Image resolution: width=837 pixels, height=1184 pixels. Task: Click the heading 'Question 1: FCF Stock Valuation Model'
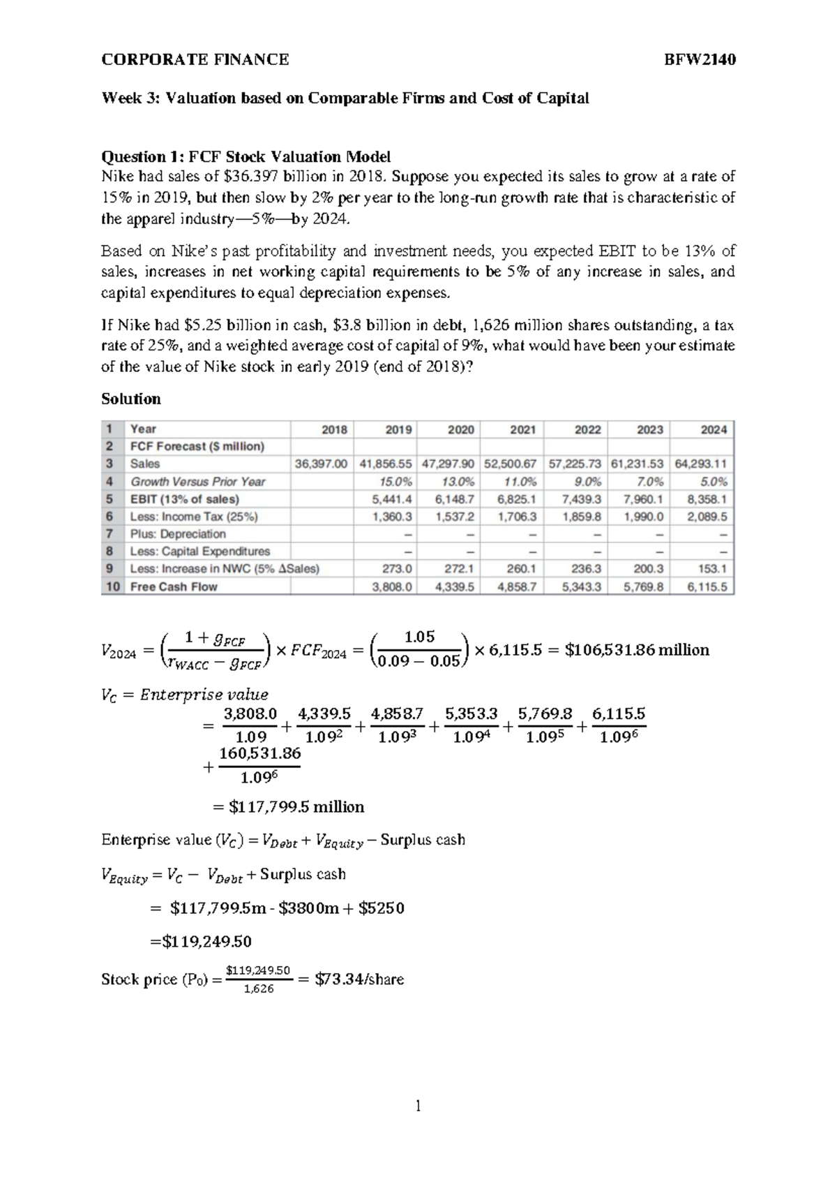246,156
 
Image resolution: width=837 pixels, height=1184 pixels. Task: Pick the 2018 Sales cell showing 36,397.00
322,464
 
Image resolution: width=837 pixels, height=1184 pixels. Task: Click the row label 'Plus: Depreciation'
178,534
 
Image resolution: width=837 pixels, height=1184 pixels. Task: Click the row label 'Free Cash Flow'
174,587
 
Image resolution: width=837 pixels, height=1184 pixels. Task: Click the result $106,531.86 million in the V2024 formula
637,650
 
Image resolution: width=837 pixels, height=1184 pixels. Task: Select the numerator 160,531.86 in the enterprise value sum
259,753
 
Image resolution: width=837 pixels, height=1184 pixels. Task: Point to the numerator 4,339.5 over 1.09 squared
324,713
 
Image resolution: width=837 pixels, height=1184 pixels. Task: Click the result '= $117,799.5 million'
288,807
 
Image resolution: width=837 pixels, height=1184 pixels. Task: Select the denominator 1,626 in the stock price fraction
259,989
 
